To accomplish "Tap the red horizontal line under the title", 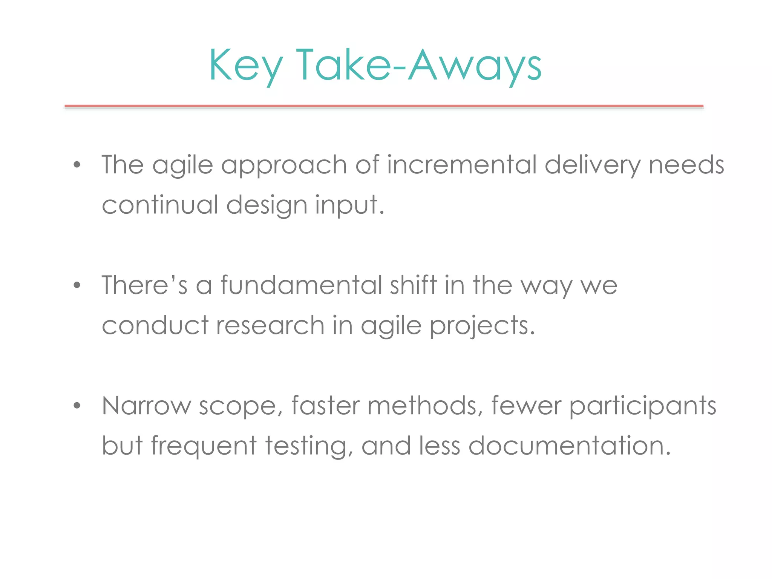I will (x=384, y=106).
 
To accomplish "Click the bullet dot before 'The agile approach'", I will (x=77, y=165).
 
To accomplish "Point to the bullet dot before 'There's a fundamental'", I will (x=77, y=285).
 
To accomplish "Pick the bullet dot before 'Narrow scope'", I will (x=77, y=406).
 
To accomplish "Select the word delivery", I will (x=593, y=166).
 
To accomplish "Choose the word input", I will (x=349, y=206).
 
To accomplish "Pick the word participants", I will (x=643, y=407).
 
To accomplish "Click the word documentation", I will (x=570, y=446).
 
